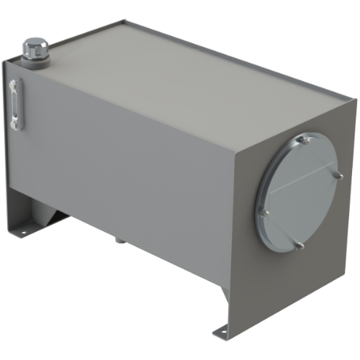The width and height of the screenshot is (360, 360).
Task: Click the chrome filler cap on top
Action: tap(33, 50)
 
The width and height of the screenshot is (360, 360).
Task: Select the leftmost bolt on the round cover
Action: tap(266, 212)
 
